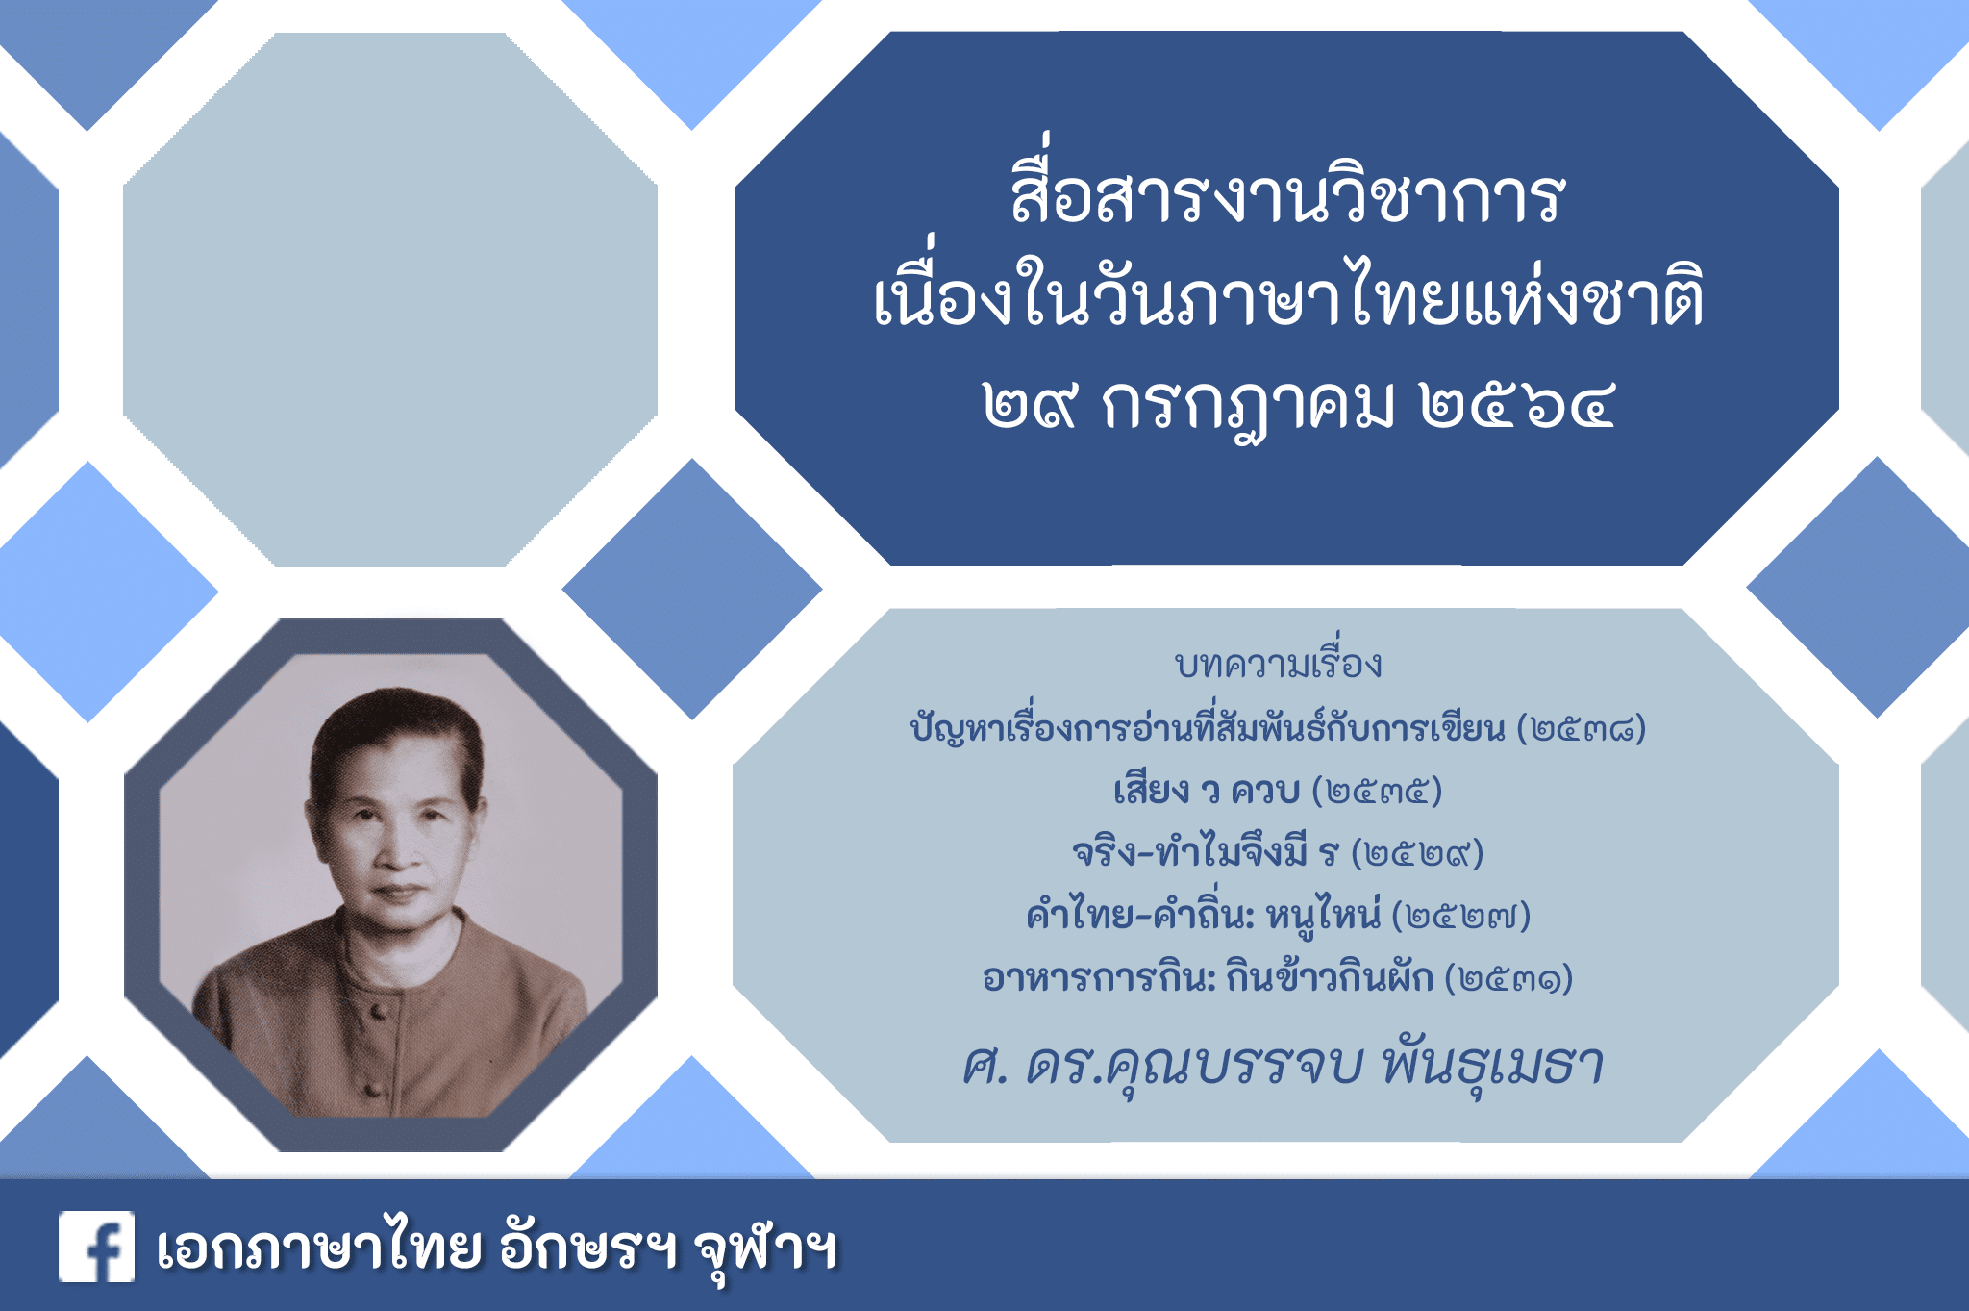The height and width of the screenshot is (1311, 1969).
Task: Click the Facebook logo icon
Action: coord(96,1247)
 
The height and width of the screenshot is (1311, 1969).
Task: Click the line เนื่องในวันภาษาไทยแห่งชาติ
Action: coord(1288,293)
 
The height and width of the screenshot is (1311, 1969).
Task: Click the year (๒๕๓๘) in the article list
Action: coord(1582,728)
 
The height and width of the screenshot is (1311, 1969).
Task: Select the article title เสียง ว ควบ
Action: coord(1207,789)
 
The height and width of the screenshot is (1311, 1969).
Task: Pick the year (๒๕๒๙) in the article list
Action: coord(1417,853)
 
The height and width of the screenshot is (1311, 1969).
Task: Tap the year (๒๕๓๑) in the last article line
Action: coord(1508,978)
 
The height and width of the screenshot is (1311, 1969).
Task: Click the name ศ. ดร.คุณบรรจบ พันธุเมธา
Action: coord(1284,1064)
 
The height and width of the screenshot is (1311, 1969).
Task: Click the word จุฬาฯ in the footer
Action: coord(765,1248)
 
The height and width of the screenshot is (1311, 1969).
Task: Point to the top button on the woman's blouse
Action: coord(379,1011)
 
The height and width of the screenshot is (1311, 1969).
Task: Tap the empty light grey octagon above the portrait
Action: coord(390,299)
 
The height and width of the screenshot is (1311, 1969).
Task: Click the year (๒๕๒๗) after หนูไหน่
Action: coord(1461,915)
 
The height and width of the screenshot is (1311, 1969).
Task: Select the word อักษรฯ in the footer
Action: coord(587,1247)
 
